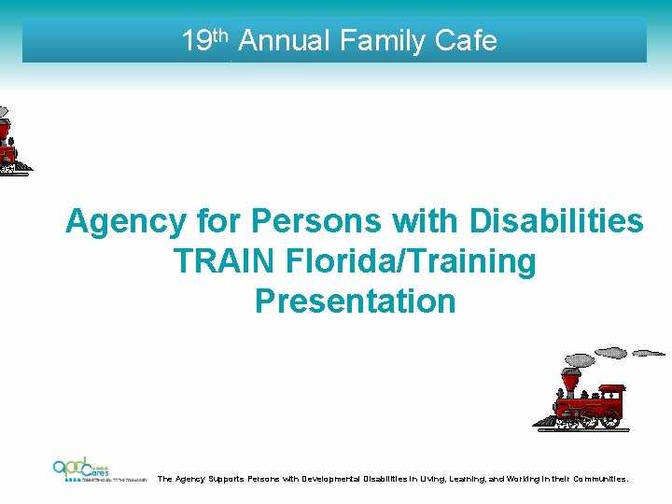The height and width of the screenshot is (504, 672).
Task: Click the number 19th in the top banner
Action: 204,40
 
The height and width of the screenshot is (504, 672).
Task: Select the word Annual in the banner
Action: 286,41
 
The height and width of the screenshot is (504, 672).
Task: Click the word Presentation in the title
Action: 355,301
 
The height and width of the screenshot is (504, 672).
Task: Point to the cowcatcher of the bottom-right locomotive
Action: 545,421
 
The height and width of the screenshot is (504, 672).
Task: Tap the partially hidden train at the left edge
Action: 9,140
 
